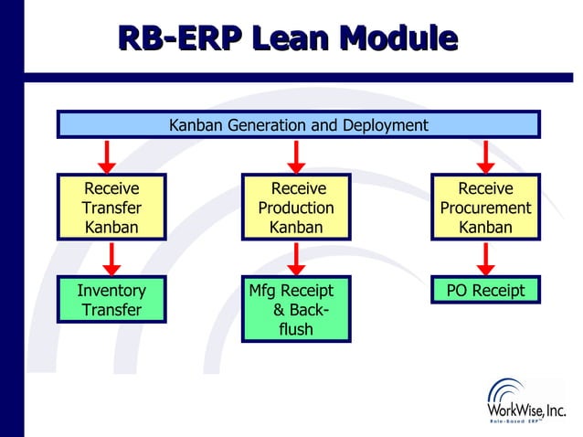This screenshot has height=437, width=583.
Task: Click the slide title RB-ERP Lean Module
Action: tap(288, 38)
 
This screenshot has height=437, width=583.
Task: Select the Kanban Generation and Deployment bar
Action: tap(298, 124)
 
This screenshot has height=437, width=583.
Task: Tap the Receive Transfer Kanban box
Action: tap(112, 208)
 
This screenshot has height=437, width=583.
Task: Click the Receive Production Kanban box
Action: tap(296, 208)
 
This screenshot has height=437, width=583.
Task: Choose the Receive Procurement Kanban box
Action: tap(485, 208)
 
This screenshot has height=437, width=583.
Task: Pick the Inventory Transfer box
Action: tap(112, 300)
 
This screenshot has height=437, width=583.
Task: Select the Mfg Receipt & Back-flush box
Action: tap(296, 309)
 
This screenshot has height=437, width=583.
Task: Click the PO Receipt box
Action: tap(485, 291)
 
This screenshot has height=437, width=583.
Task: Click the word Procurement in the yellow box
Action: tap(485, 208)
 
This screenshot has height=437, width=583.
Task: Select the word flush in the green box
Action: tap(295, 329)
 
